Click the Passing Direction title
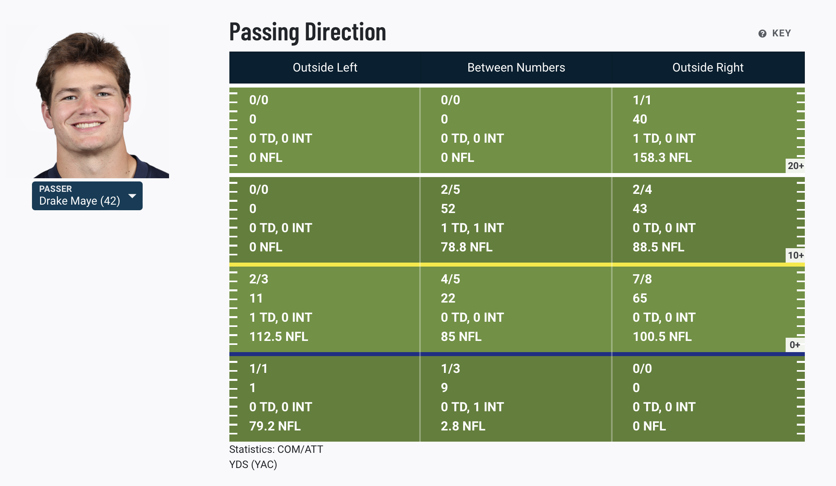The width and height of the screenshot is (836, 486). click(307, 32)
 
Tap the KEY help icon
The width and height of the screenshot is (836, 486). click(762, 34)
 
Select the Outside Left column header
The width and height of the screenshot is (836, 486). click(325, 68)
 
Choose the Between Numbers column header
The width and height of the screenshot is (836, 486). click(516, 68)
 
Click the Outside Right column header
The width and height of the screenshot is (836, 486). click(708, 68)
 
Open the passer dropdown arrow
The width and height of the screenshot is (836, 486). click(132, 196)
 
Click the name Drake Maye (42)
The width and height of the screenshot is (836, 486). click(80, 201)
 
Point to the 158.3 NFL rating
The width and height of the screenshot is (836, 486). click(662, 157)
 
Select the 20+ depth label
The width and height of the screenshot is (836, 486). click(795, 166)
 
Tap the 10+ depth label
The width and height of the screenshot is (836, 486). click(795, 255)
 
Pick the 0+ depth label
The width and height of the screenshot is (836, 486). click(794, 345)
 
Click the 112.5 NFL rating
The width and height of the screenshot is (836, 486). click(279, 337)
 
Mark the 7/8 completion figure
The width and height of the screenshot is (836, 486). click(642, 279)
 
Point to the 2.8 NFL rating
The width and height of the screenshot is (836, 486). click(463, 426)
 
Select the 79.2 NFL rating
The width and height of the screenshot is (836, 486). click(275, 426)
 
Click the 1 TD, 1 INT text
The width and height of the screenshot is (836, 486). click(472, 228)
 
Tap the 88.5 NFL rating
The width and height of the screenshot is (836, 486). click(658, 247)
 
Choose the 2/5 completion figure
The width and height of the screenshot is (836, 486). click(450, 189)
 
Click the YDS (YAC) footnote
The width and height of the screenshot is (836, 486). click(253, 464)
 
